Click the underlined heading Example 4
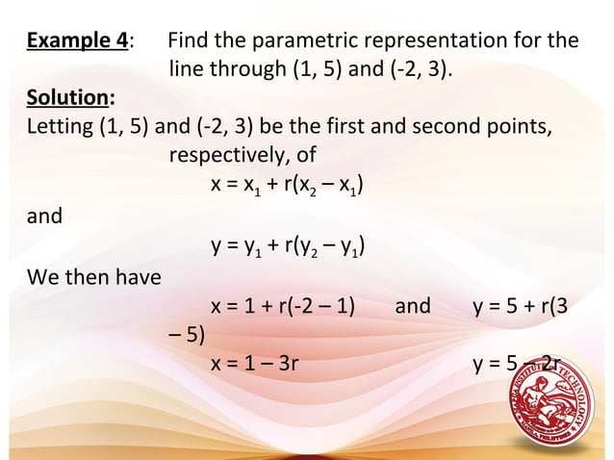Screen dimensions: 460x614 point(78,42)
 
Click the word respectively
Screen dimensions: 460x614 point(227,154)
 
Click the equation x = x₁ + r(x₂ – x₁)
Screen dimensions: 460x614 point(286,184)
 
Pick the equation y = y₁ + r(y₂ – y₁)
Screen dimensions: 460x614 point(286,252)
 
